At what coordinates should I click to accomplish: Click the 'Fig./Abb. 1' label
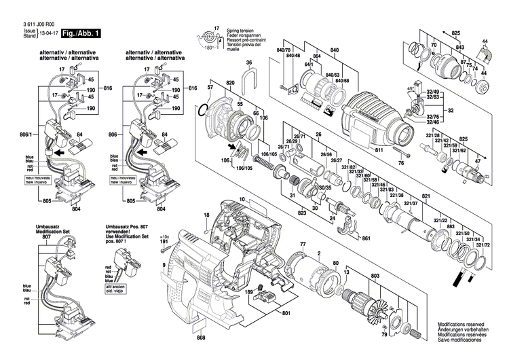tap(81, 33)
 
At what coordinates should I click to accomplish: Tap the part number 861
tap(366, 239)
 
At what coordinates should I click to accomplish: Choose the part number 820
tap(230, 82)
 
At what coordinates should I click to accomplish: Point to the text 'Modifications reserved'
tap(465, 325)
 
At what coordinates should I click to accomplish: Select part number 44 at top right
tap(485, 41)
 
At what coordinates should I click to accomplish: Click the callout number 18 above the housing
tap(206, 215)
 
